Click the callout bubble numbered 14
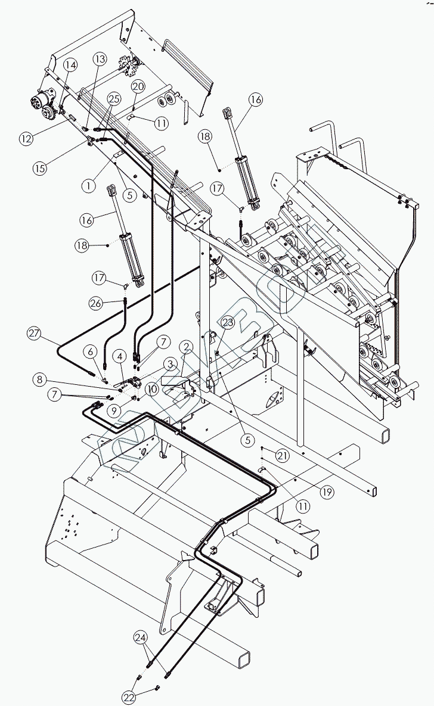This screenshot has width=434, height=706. (71, 64)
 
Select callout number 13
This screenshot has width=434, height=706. (100, 59)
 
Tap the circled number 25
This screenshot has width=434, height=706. (114, 98)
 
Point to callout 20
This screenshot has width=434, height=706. (138, 86)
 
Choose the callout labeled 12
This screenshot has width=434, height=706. (25, 139)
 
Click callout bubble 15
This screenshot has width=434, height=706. (39, 168)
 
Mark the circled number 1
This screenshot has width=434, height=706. (89, 185)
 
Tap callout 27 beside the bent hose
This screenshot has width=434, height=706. (33, 334)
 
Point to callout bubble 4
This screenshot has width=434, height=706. (120, 357)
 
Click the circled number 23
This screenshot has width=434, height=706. (228, 322)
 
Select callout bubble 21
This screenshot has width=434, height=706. (282, 456)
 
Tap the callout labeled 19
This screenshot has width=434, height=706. (327, 492)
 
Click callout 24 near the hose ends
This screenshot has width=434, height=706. (141, 637)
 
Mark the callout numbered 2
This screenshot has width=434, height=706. (186, 347)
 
